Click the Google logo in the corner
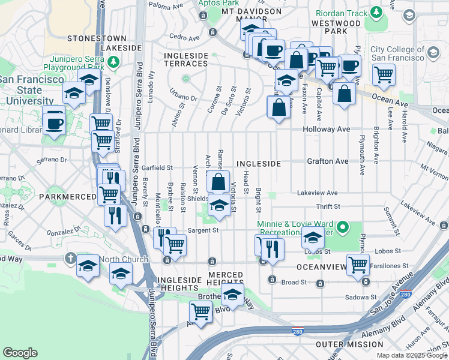pyautogui.click(x=20, y=353)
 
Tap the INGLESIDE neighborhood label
pyautogui.click(x=258, y=163)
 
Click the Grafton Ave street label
pyautogui.click(x=327, y=161)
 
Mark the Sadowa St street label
pyautogui.click(x=360, y=296)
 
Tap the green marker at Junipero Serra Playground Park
pyautogui.click(x=113, y=62)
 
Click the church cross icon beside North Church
pyautogui.click(x=70, y=259)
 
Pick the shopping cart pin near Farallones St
pyautogui.click(x=358, y=263)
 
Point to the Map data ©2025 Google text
pyautogui.click(x=411, y=355)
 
